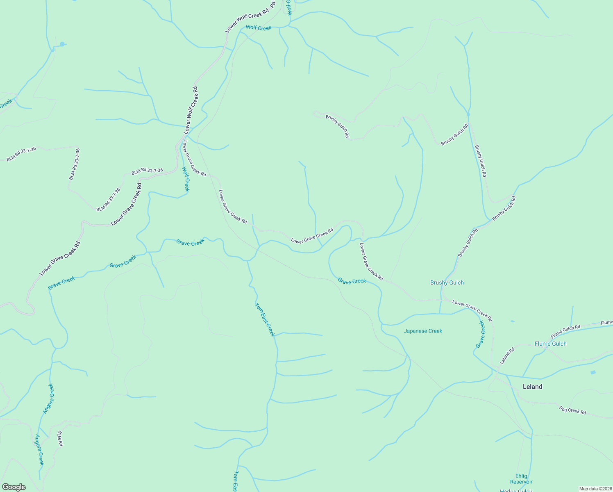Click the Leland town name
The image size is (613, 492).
click(532, 387)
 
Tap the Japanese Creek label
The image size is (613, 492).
click(423, 331)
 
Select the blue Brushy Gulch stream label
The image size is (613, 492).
click(447, 282)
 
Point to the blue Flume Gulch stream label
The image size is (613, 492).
click(550, 344)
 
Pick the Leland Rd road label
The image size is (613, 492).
click(507, 356)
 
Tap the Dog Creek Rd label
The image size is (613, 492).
click(572, 410)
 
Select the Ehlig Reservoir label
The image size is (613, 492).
click(521, 479)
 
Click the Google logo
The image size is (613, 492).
click(14, 487)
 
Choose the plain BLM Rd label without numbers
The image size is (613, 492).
click(60, 439)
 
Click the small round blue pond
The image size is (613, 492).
click(62, 44)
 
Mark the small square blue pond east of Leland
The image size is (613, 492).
click(593, 372)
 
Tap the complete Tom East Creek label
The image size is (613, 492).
click(264, 319)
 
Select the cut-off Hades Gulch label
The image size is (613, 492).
click(515, 490)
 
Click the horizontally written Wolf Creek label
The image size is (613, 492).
click(259, 28)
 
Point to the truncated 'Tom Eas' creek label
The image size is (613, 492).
click(236, 481)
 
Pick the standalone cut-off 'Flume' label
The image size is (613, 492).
click(606, 323)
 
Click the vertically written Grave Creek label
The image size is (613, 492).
click(480, 334)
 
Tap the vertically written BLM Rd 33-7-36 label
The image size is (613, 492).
click(75, 164)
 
